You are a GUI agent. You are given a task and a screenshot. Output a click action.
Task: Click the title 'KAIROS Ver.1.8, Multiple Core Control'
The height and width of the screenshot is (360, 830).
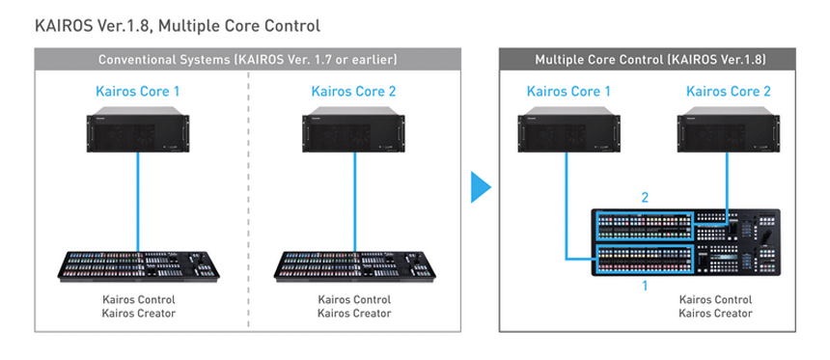pos(178,25)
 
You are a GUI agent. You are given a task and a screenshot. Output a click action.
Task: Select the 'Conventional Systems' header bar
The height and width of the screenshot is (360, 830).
pos(248,59)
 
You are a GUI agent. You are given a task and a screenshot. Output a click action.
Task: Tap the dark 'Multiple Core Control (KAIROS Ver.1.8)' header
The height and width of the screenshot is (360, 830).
pos(647,59)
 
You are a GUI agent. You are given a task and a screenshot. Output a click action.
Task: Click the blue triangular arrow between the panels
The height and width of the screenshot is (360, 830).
pos(481,186)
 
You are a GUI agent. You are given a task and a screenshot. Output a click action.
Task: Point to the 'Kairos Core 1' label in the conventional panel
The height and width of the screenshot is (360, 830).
pos(138,91)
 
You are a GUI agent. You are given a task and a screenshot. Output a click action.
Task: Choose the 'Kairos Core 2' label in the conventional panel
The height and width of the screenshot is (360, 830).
pos(353,91)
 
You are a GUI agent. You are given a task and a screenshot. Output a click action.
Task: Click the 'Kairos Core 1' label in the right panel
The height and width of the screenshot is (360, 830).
pos(568,91)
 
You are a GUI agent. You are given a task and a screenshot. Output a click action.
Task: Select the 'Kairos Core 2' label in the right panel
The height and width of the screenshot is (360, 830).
pos(729,91)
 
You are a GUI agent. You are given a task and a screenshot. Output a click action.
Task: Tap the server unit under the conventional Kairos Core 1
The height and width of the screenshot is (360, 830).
pos(138,129)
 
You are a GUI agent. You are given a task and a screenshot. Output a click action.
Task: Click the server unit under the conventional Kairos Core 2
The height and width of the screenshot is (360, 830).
pos(353,129)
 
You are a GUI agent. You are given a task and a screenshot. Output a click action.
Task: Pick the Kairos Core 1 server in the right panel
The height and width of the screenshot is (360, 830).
pos(568,129)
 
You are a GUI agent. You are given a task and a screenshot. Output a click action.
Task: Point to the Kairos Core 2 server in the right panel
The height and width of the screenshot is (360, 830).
pos(729,129)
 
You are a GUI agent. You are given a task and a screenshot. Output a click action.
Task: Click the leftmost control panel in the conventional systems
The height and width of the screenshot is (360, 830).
pos(138,266)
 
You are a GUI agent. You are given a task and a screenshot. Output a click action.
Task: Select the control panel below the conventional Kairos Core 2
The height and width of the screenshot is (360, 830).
pos(354,266)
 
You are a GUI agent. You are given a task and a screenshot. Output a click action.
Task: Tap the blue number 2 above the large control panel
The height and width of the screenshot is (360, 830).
pos(645,198)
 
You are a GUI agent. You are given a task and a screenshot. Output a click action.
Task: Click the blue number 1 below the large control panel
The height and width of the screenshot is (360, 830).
pos(645,286)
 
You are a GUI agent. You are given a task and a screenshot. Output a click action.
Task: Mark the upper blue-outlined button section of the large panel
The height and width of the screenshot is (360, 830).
pos(644,226)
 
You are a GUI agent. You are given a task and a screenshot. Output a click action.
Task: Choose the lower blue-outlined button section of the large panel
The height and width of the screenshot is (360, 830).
pos(644,259)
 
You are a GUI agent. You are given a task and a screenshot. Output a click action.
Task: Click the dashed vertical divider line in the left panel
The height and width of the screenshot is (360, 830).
pos(248,201)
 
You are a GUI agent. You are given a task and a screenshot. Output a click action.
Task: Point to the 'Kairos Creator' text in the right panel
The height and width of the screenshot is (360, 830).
pos(716,314)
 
